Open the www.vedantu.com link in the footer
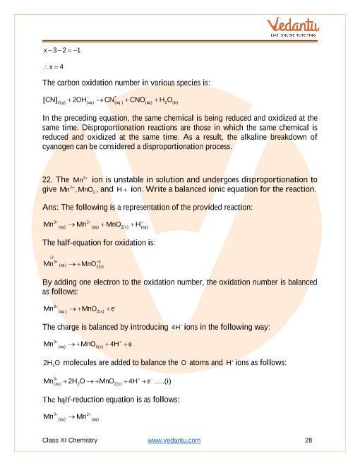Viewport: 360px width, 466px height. [x=174, y=441]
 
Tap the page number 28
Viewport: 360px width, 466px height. [x=308, y=441]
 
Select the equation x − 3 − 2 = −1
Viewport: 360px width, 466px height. [x=62, y=51]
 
